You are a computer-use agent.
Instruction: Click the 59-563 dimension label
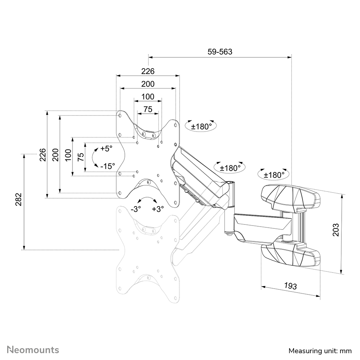pyautogui.click(x=220, y=52)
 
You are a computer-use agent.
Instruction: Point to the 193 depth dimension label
pyautogui.click(x=290, y=286)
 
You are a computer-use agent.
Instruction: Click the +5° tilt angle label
pyautogui.click(x=106, y=148)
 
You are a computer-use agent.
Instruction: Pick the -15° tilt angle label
pyautogui.click(x=107, y=166)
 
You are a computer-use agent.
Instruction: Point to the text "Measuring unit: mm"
pyautogui.click(x=320, y=351)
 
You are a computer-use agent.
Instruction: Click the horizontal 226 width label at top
pyautogui.click(x=148, y=71)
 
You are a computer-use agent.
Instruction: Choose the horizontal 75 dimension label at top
pyautogui.click(x=148, y=109)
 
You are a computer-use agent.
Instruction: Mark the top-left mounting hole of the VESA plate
pyautogui.click(x=120, y=116)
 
